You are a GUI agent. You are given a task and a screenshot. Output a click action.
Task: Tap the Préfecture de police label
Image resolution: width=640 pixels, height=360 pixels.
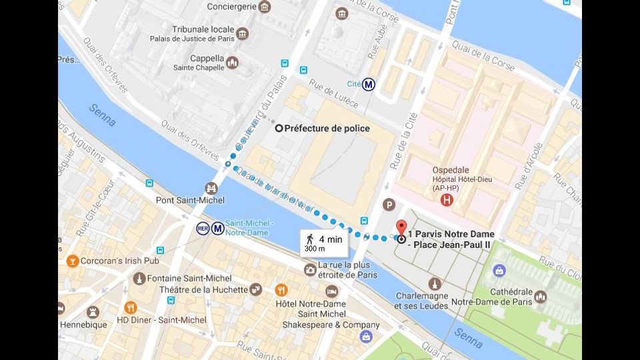pos(327,128)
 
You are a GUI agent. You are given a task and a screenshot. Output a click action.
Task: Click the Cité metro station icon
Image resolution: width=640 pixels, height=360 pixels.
pos(369,85)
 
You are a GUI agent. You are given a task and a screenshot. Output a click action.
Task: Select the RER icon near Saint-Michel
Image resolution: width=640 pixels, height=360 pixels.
pos(203,229)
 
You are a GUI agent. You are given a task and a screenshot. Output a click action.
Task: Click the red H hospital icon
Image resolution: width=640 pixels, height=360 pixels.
pos(447,199)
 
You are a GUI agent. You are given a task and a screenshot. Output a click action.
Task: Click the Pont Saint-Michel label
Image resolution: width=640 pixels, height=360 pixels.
pos(190,200)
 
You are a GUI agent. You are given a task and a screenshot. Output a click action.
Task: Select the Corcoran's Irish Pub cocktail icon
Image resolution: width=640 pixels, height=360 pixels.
pos(73,261)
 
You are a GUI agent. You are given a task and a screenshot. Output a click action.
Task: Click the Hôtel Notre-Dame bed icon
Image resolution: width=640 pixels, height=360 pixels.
pos(331,291)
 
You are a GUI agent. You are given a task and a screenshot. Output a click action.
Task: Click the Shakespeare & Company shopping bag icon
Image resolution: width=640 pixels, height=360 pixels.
pos(366,337)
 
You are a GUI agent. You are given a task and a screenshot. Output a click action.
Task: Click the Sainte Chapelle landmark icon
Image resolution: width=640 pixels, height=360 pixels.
pos(232,63)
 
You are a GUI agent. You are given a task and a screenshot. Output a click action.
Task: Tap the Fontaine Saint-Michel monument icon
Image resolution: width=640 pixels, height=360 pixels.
pos(139,278)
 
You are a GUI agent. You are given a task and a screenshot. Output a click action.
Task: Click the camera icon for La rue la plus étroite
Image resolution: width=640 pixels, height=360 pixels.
pos(310,269)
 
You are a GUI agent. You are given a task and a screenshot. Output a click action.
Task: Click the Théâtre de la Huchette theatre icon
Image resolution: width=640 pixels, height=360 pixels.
pos(255,289)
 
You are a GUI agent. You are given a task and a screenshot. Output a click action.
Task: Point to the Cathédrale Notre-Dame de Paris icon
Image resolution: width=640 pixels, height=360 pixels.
pos(540,297)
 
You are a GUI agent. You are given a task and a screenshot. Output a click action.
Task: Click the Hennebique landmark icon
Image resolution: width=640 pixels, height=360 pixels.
pos(93,312)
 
